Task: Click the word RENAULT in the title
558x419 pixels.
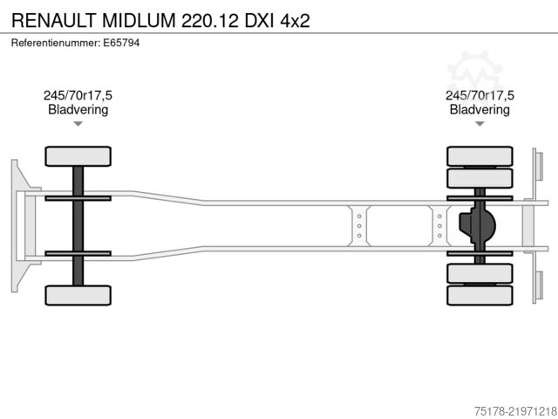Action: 54,20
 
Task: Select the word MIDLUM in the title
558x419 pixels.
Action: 139,20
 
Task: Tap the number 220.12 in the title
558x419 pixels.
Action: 210,20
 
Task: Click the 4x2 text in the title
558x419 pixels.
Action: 295,21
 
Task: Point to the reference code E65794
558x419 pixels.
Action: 121,43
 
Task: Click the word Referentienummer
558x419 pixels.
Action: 56,43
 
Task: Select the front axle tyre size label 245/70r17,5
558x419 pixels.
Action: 78,95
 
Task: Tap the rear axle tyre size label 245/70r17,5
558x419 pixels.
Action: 480,95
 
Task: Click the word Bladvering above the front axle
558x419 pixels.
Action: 78,110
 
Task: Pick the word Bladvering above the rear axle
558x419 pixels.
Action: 480,110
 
